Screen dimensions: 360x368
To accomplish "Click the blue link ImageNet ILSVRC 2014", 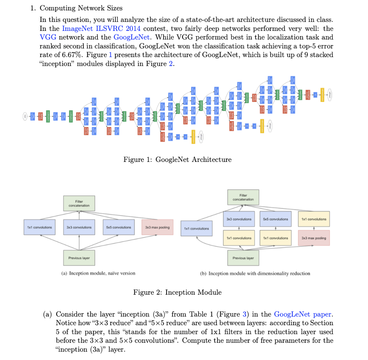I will pos(101,28).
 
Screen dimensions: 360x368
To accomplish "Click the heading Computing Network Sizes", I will pos(81,8).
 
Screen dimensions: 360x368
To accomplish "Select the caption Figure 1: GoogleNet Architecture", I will pos(178,159).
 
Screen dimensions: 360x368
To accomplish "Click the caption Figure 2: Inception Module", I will pos(178,292).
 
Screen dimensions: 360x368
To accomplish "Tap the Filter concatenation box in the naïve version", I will pos(79,203).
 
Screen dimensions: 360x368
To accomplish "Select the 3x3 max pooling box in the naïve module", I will pos(157,227).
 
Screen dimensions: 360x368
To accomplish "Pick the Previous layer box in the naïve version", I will pos(79,258).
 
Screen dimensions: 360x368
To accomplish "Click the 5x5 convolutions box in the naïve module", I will pos(119,227).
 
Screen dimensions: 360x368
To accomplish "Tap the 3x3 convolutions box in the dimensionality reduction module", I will pos(239,219).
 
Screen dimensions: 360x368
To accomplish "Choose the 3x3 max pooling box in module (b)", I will pos(314,238).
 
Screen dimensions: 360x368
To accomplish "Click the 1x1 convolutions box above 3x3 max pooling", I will pos(314,219).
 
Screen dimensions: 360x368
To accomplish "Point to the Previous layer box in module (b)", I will pos(243,258).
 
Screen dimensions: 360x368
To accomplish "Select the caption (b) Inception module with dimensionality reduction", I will pos(255,273).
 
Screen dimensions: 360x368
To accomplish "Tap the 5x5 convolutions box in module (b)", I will pos(276,219).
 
